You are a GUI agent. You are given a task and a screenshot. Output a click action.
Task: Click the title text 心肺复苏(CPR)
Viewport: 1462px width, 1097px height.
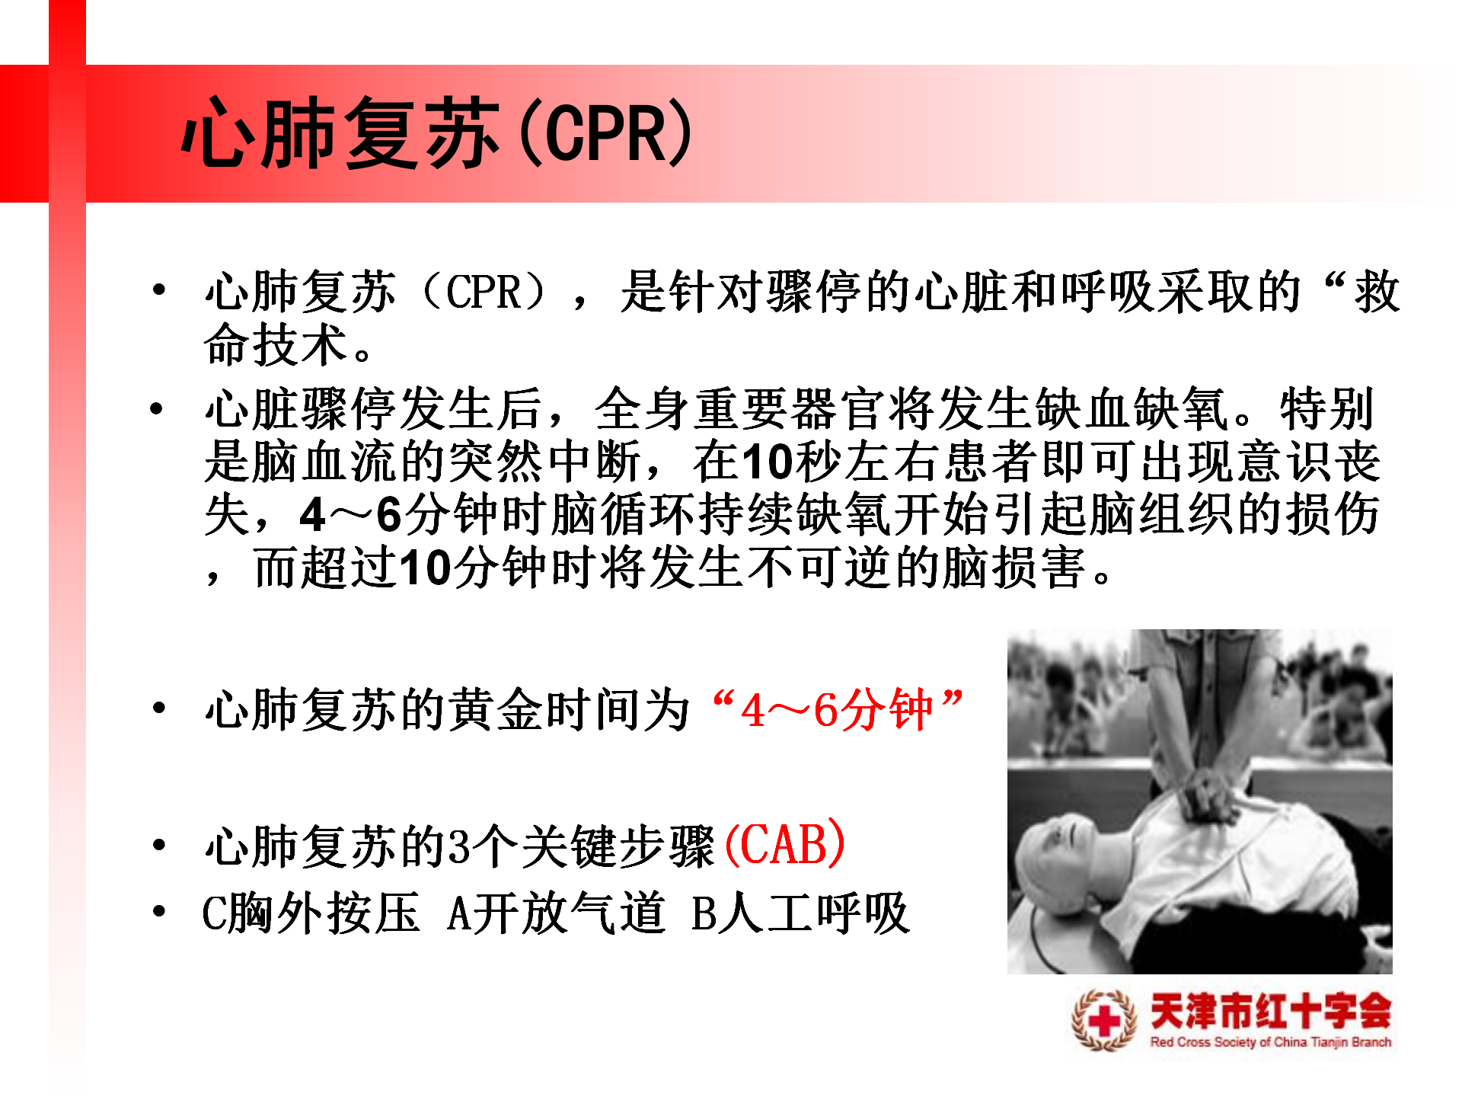[437, 133]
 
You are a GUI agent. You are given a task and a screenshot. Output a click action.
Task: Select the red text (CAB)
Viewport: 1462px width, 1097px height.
[785, 844]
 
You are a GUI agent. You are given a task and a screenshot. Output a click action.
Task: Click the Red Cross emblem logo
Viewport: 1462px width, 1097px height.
[1104, 1019]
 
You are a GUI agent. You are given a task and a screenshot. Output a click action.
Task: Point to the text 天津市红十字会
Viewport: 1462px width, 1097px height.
[1270, 1011]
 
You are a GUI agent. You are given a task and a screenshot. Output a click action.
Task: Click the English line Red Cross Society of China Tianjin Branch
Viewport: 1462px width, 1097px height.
[1270, 1041]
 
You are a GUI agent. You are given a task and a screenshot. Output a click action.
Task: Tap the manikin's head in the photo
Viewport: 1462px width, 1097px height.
[1066, 861]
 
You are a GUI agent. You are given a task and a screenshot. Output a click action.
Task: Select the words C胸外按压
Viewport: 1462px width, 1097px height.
[311, 913]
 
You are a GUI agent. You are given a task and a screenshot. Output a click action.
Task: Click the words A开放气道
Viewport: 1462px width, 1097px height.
[556, 913]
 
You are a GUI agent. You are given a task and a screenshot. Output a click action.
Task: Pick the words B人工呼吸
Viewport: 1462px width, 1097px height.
[800, 913]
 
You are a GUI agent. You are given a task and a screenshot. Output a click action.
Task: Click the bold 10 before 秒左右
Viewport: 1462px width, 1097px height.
[768, 462]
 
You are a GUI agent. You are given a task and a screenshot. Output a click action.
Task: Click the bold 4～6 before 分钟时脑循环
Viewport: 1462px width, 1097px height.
[351, 515]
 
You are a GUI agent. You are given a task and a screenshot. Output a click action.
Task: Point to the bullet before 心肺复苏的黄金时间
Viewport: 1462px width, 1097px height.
[159, 708]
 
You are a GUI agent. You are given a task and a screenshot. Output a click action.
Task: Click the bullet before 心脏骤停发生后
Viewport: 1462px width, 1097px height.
[157, 409]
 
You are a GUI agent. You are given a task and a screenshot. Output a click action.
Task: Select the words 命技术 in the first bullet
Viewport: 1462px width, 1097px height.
[276, 344]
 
